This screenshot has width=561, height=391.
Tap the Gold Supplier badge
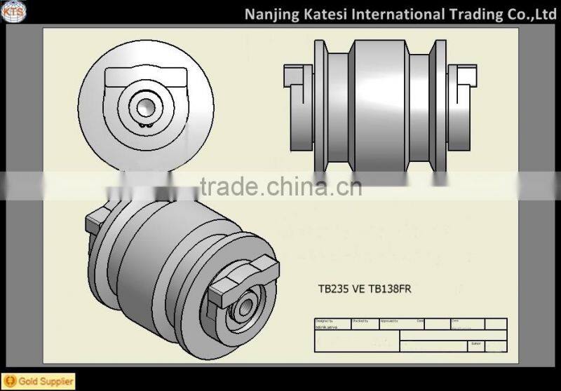[x=38, y=382]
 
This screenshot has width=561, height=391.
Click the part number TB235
[x=334, y=289]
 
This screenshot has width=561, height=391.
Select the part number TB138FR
[x=386, y=289]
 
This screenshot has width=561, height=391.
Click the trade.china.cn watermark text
[x=280, y=187]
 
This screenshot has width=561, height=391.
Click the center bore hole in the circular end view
[x=146, y=107]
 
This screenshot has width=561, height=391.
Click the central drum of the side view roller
[x=379, y=105]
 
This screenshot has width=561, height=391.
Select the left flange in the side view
[x=320, y=105]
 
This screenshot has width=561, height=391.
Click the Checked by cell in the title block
[x=364, y=324]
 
